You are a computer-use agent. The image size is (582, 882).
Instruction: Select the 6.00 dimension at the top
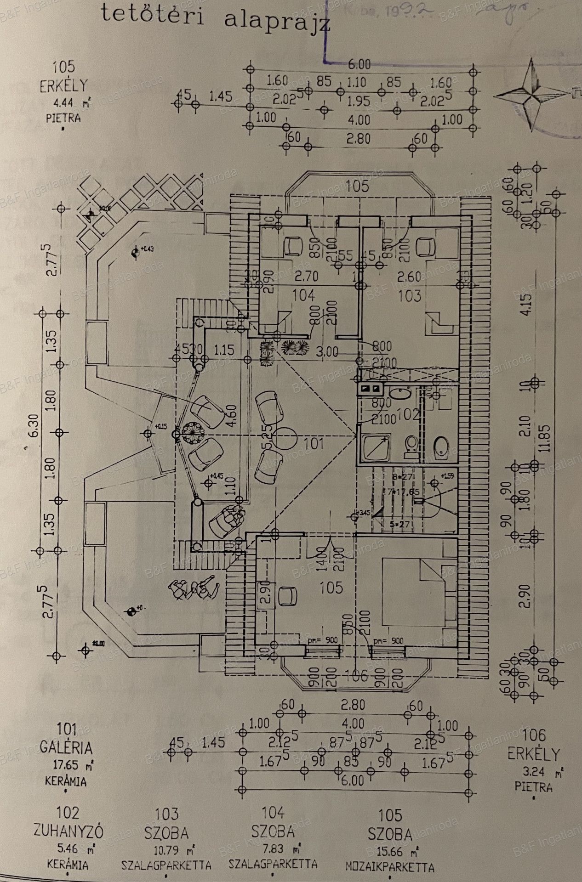(x=359, y=64)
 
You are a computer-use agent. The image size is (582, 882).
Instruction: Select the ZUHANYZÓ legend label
(x=68, y=831)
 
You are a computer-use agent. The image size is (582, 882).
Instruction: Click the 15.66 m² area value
(x=389, y=851)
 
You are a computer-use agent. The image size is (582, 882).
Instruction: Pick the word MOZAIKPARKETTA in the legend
(x=390, y=867)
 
